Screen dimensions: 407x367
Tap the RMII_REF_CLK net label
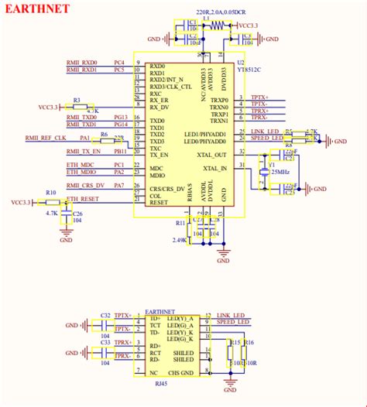[x=46, y=138]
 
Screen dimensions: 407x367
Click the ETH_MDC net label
[x=81, y=165]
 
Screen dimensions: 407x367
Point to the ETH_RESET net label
[x=81, y=199]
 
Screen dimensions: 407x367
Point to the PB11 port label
[x=121, y=152]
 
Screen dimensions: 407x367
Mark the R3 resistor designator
[x=77, y=101]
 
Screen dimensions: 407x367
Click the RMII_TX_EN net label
[x=81, y=152]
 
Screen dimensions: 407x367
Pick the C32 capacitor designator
[x=105, y=316]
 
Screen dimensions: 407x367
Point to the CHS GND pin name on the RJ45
[x=183, y=372]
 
